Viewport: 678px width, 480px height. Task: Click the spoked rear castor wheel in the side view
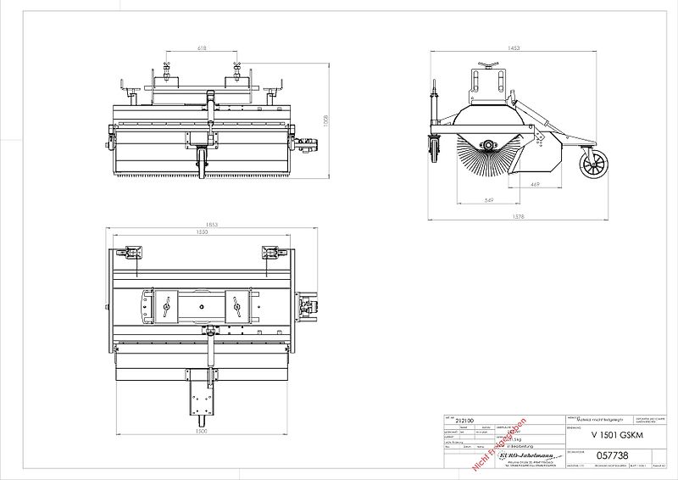(x=591, y=164)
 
